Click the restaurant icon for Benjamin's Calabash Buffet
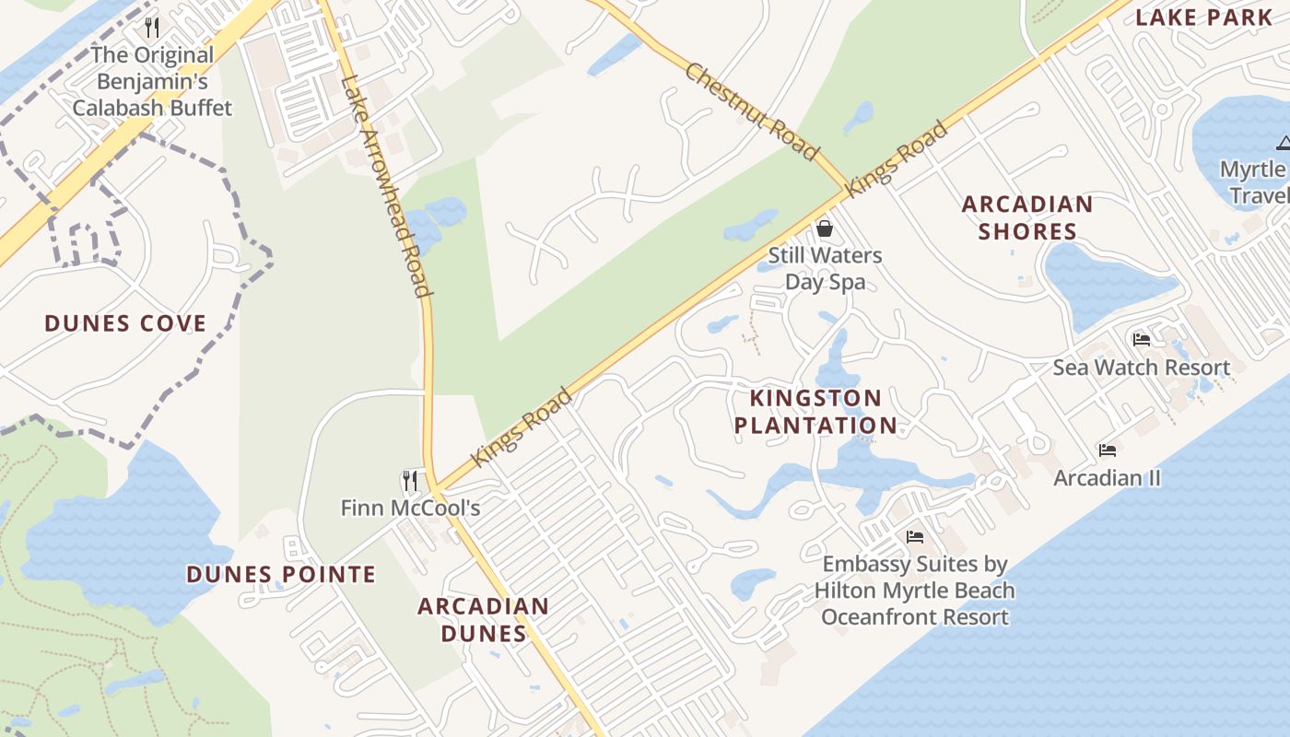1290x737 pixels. click(152, 28)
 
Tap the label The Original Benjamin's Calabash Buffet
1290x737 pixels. click(152, 82)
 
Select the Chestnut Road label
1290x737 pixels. click(751, 111)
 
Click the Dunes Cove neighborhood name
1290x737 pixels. click(125, 323)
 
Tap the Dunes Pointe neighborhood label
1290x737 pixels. click(281, 575)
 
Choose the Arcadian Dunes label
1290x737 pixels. click(483, 620)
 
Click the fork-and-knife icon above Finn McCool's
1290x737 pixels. click(410, 480)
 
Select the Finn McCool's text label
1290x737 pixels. click(410, 508)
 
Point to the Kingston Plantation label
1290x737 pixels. click(822, 412)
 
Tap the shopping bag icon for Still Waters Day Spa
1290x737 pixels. click(824, 228)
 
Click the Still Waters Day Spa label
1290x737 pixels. click(825, 268)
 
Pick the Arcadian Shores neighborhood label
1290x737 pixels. click(1027, 217)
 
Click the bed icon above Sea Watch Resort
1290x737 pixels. click(1142, 339)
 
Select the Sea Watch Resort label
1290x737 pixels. click(1142, 368)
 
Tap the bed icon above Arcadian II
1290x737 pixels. click(1108, 450)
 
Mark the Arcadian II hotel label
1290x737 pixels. click(1107, 478)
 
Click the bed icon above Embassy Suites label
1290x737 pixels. click(915, 536)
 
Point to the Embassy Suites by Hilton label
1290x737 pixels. click(915, 591)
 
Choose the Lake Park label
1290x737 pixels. click(1202, 18)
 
